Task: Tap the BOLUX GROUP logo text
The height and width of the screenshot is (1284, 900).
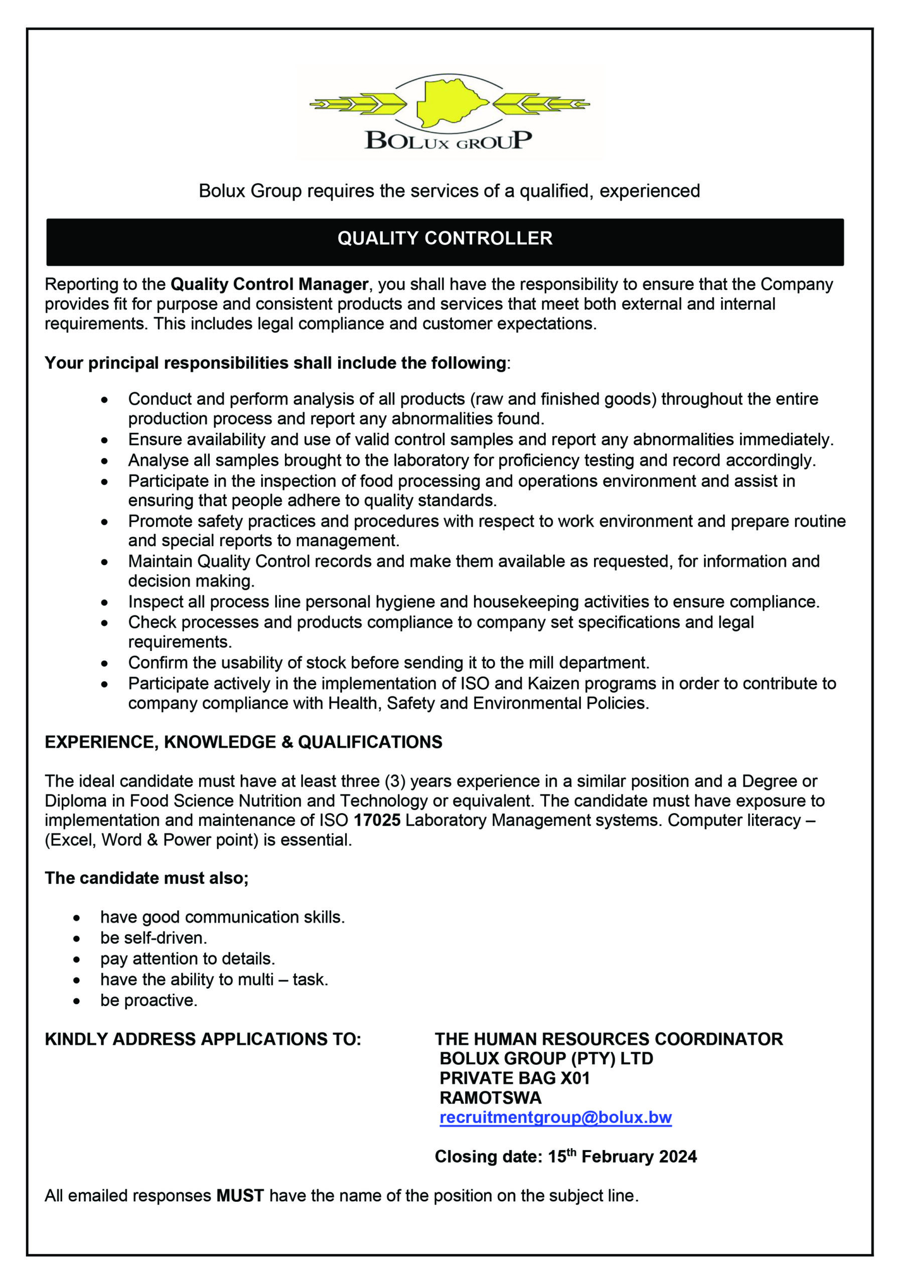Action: (x=448, y=140)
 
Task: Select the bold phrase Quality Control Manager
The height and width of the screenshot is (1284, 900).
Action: (x=269, y=285)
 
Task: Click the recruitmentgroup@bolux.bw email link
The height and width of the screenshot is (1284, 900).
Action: (x=555, y=1117)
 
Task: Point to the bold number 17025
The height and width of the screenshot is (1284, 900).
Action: (x=377, y=821)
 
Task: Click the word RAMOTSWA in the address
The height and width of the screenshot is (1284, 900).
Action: (x=490, y=1097)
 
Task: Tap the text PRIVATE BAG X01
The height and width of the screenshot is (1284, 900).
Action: (x=515, y=1078)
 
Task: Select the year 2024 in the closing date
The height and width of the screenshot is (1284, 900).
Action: (x=677, y=1157)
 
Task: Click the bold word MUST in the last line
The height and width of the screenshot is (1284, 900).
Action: (x=240, y=1196)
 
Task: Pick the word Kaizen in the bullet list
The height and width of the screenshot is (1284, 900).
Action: (x=523, y=684)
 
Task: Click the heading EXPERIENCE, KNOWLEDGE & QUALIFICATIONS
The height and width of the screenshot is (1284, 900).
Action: (x=243, y=742)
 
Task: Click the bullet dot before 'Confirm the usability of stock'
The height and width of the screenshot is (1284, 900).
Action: (x=105, y=664)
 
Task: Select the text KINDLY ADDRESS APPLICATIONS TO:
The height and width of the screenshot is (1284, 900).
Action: (x=203, y=1039)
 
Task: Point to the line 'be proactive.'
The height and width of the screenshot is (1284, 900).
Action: (x=149, y=1000)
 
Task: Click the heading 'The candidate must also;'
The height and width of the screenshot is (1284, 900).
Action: (x=146, y=878)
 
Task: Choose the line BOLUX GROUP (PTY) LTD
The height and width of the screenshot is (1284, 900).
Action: (x=546, y=1058)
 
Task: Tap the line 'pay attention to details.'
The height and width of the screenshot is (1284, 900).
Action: (x=188, y=958)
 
